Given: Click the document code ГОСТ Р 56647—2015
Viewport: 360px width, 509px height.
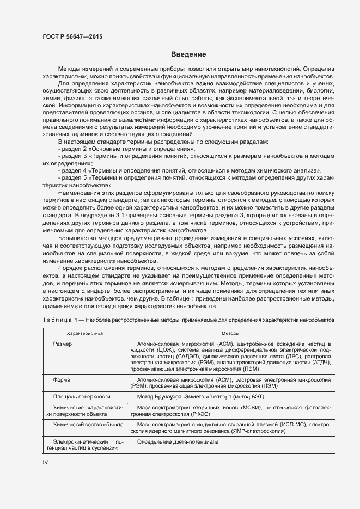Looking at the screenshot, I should click(72, 37).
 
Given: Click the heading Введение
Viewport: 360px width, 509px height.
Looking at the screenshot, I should click(188, 54).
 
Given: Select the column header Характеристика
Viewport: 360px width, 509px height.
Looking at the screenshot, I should click(84, 332).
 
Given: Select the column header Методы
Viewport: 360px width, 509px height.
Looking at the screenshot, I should click(229, 332).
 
